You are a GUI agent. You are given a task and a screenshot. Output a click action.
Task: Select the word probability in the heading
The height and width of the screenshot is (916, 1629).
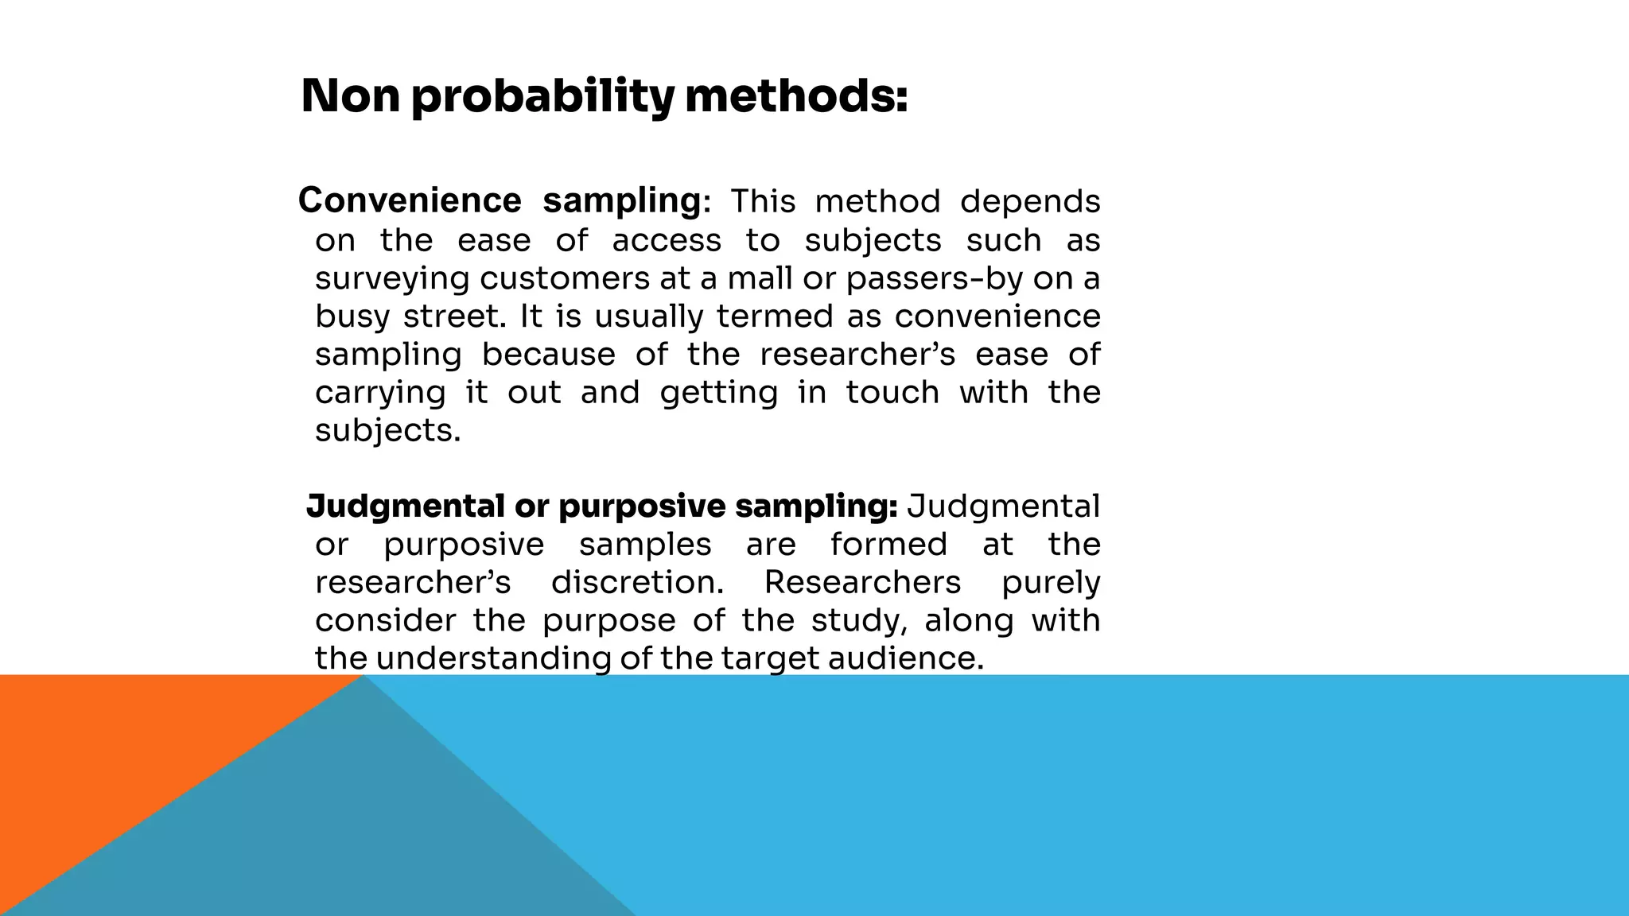click(542, 98)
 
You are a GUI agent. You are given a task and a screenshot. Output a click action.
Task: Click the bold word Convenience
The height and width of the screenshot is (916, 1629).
click(410, 200)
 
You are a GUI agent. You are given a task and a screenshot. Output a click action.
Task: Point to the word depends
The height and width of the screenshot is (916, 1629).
click(1030, 202)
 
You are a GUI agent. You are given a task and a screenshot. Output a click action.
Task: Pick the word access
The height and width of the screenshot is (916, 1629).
click(667, 240)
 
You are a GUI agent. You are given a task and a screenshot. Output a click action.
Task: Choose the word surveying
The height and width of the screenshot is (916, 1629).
click(393, 279)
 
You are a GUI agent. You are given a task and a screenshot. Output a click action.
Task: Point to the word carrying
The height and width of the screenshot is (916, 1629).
click(380, 394)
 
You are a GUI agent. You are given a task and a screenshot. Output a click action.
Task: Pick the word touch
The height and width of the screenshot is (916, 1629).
click(892, 393)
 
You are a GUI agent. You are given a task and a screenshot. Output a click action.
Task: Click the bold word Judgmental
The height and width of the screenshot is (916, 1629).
click(405, 507)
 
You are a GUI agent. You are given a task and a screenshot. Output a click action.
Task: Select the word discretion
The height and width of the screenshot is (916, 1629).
click(637, 583)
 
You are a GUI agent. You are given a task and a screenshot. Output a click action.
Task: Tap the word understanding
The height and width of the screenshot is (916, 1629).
click(493, 659)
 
